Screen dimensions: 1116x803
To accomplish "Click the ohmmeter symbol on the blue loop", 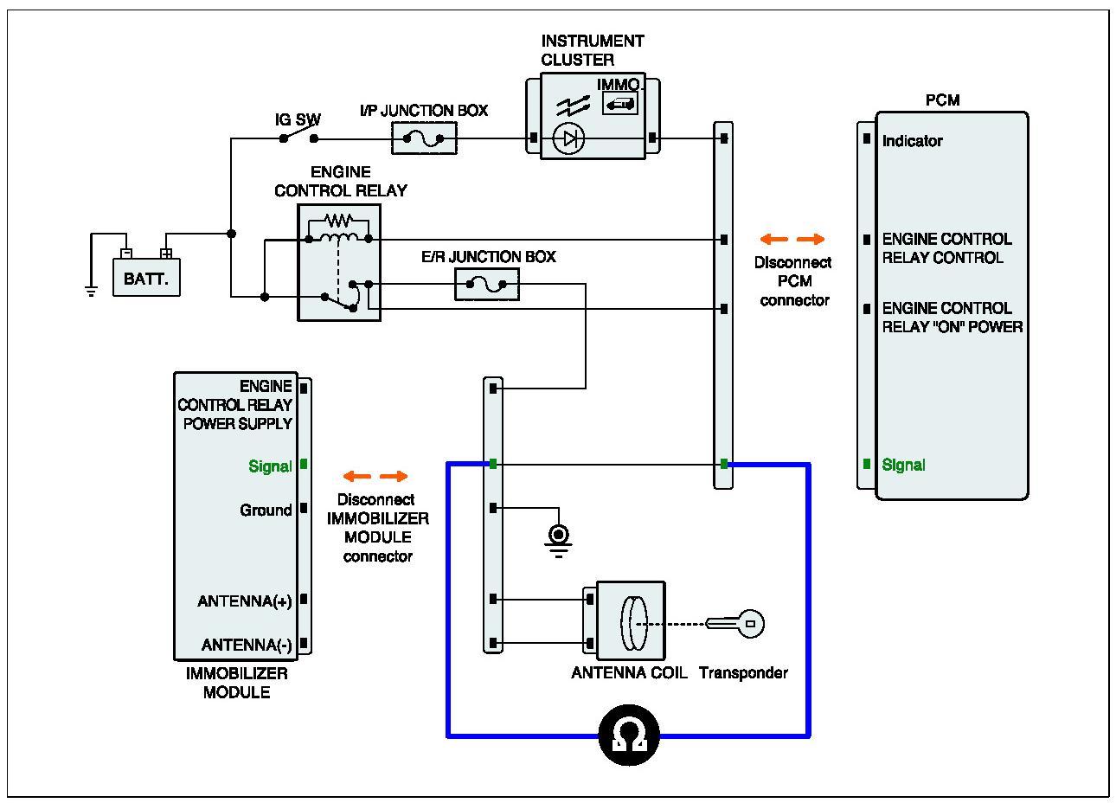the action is [x=629, y=735].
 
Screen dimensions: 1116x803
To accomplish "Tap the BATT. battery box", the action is [x=146, y=277].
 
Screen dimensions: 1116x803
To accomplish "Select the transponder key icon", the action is [x=734, y=624].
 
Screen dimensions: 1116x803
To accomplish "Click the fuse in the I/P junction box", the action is [x=424, y=138].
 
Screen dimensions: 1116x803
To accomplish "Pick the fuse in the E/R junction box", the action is [x=486, y=285].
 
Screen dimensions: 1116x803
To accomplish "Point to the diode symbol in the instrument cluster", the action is [x=569, y=138].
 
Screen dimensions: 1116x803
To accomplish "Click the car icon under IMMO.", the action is [x=620, y=104].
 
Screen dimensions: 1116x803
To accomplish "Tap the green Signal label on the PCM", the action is [x=903, y=465].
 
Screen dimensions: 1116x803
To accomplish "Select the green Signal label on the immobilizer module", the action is [x=270, y=466].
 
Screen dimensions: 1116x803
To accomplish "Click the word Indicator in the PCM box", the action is [x=912, y=141].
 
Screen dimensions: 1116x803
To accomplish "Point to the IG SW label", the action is [x=298, y=119].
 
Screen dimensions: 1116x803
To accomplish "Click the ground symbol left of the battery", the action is [x=91, y=291].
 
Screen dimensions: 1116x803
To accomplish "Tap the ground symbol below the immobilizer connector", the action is [x=559, y=542].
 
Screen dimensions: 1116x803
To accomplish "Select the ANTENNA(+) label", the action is [x=245, y=601].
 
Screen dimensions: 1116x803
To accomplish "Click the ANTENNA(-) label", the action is [x=247, y=645].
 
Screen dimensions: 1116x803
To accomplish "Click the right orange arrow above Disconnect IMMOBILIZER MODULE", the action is [x=394, y=477].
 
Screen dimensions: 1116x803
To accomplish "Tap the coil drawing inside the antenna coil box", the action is [x=634, y=624].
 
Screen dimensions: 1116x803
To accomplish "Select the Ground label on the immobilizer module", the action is [x=266, y=510].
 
